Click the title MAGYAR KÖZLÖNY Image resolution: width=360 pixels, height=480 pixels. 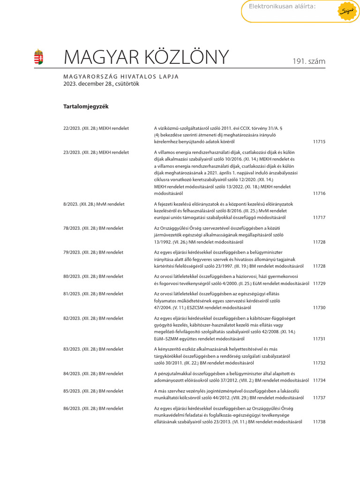click(x=146, y=57)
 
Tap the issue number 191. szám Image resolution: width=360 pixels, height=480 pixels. click(x=309, y=61)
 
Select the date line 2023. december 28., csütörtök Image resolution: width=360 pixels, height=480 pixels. click(x=101, y=84)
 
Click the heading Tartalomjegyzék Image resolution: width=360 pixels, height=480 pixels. click(x=86, y=106)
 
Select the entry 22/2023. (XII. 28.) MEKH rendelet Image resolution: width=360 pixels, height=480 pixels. click(x=96, y=128)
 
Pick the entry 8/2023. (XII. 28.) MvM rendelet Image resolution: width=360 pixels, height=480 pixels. click(x=94, y=204)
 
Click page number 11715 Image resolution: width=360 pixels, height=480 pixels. click(x=319, y=142)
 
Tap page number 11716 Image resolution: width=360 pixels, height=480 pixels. click(x=319, y=193)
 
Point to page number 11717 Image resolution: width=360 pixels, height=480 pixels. click(x=319, y=217)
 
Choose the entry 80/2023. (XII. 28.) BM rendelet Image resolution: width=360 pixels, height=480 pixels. click(x=93, y=277)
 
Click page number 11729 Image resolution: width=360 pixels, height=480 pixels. click(x=319, y=284)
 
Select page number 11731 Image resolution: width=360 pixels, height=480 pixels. click(x=319, y=338)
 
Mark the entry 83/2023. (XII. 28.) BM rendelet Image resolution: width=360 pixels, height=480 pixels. click(x=93, y=349)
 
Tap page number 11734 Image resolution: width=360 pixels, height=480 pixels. click(x=319, y=380)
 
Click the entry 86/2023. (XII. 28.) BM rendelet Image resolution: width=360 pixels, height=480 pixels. click(x=93, y=408)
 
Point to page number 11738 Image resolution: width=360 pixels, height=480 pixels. click(x=319, y=422)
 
